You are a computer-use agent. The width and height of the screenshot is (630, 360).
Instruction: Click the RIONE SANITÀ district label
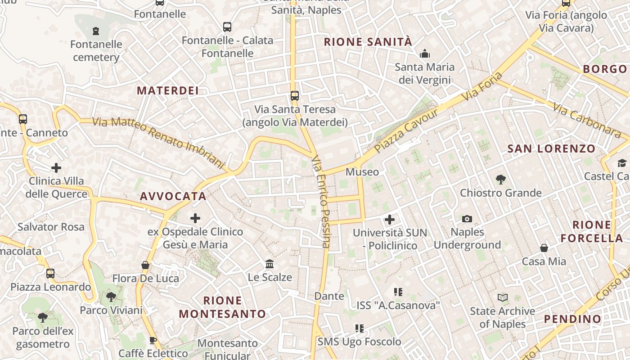(x=368, y=42)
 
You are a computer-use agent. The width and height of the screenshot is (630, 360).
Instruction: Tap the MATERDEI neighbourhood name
(x=168, y=90)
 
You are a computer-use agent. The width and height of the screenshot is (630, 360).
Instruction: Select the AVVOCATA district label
(x=173, y=196)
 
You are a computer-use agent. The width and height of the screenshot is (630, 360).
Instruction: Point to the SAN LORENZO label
(x=551, y=148)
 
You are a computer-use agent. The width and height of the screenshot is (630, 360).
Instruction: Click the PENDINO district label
(x=572, y=319)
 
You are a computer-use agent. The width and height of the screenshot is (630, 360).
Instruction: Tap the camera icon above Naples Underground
(x=467, y=219)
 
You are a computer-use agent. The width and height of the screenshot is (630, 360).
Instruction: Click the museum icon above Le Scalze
(x=270, y=263)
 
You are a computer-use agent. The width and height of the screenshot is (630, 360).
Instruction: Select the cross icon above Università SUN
(x=390, y=220)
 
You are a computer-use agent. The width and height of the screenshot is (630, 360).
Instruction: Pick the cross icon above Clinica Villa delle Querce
(x=56, y=168)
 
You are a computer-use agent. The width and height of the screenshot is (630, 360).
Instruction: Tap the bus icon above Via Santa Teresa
(x=295, y=96)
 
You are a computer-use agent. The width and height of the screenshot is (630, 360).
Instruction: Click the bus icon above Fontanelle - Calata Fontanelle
(x=227, y=27)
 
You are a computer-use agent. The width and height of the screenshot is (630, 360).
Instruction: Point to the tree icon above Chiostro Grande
(x=500, y=180)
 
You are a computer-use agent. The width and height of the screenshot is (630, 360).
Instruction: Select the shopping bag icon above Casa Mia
(x=544, y=248)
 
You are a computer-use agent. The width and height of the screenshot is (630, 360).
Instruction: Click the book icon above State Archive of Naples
(x=502, y=297)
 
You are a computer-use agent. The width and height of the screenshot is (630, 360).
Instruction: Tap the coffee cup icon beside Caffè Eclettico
(x=153, y=340)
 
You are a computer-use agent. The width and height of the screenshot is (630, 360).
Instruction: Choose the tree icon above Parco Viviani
(x=111, y=297)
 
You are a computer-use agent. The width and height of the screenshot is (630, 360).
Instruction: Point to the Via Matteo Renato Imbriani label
(x=158, y=140)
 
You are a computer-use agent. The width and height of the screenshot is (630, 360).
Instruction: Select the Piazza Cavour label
(x=406, y=130)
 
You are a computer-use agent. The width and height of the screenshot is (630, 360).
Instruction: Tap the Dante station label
(x=329, y=296)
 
